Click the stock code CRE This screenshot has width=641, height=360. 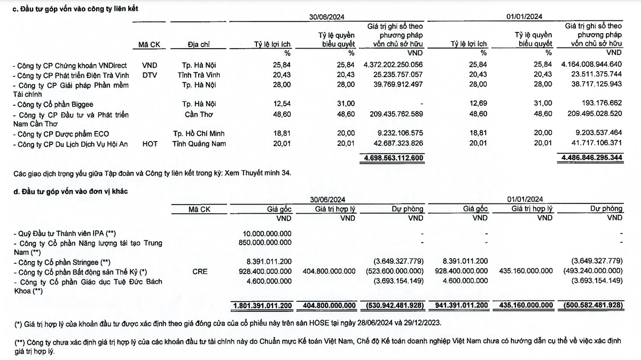(x=200, y=271)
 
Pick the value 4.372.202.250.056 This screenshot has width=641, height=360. (x=393, y=65)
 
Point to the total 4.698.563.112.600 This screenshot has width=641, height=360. (x=393, y=158)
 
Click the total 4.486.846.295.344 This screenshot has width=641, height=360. (x=592, y=158)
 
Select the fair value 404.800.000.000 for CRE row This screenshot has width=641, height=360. (x=329, y=271)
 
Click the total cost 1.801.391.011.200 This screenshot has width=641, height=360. (x=262, y=306)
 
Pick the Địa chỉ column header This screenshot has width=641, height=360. (x=197, y=44)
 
